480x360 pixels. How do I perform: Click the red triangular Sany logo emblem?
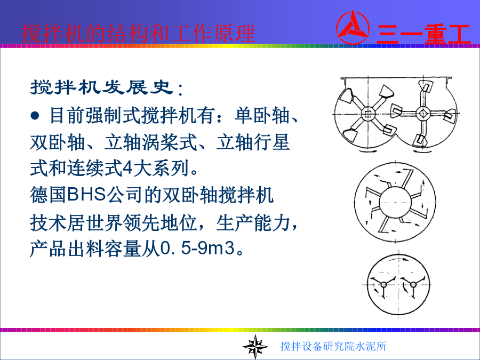[353, 28]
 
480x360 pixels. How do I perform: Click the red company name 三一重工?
[423, 34]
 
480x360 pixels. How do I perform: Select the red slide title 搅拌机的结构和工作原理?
[138, 34]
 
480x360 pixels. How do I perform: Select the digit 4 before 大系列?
[127, 168]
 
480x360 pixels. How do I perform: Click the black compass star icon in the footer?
[255, 347]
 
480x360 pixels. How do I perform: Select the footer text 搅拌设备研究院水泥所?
[333, 346]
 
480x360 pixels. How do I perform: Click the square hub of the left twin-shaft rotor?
[367, 114]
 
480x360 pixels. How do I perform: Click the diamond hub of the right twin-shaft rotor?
[423, 114]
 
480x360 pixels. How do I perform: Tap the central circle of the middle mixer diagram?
[395, 202]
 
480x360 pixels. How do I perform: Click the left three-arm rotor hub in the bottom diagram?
[384, 285]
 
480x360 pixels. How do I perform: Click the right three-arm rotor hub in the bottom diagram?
[413, 285]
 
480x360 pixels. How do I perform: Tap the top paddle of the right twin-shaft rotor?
[426, 86]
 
